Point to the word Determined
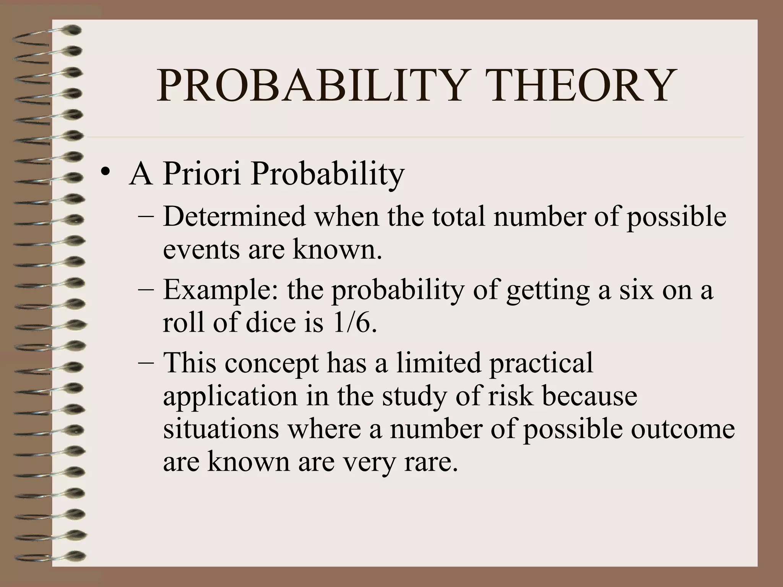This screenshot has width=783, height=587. tap(234, 216)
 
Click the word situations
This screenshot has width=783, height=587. tap(221, 429)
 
